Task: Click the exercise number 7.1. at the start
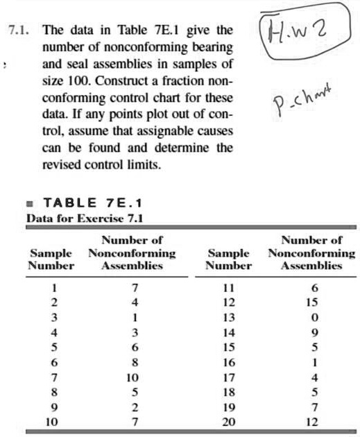click(x=19, y=31)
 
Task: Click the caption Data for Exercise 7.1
click(x=84, y=218)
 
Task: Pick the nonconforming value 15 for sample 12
click(x=315, y=302)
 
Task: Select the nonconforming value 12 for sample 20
click(x=315, y=421)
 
